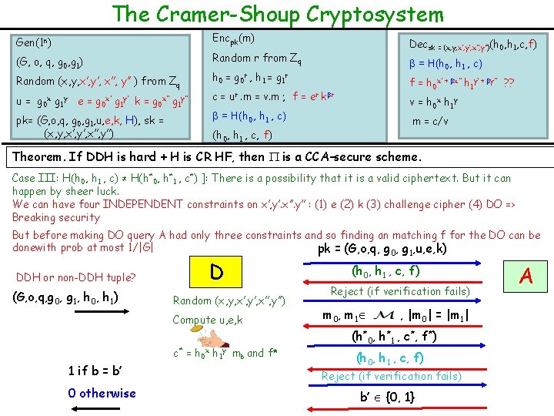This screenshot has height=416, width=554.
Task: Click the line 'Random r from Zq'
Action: click(x=257, y=58)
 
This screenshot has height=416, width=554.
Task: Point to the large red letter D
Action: click(x=218, y=273)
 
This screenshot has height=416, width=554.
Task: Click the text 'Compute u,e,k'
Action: click(x=207, y=320)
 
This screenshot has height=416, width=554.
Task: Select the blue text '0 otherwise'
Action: click(x=102, y=393)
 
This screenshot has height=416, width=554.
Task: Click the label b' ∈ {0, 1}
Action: click(x=388, y=398)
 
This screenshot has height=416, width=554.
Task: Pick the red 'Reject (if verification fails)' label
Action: click(x=391, y=376)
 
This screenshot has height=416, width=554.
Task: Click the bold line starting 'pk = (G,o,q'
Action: click(x=382, y=249)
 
